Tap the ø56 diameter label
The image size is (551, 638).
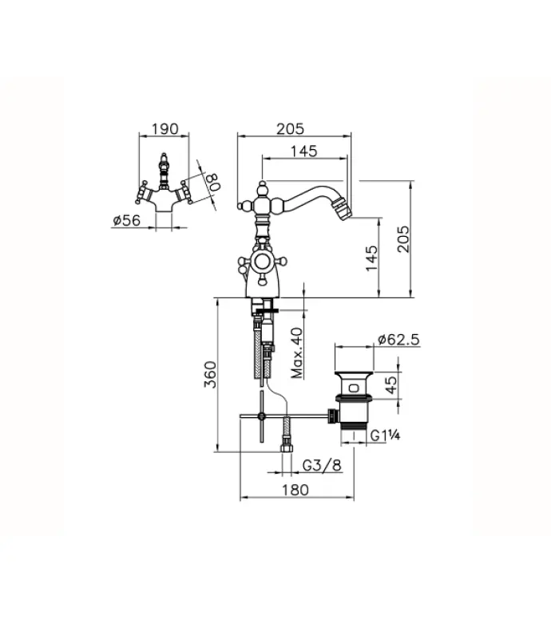126,221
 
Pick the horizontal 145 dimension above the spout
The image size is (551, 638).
303,151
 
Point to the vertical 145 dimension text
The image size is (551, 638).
373,257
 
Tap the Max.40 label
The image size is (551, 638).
297,353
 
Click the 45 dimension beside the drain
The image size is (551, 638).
390,385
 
